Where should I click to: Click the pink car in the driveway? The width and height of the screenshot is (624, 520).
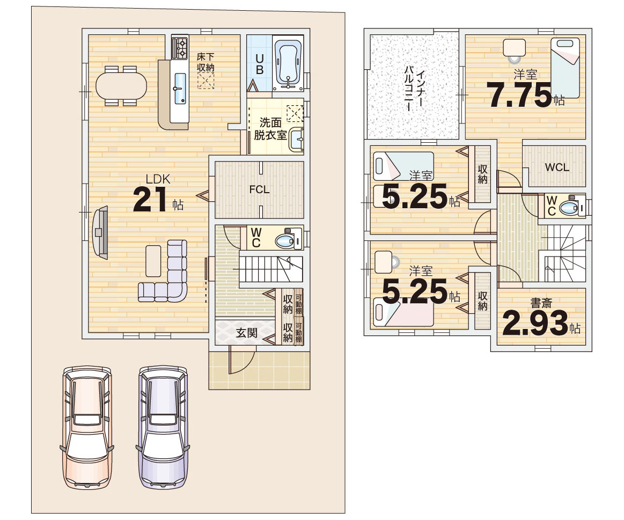point(87,427)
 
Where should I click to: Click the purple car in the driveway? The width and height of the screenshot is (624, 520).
point(163,427)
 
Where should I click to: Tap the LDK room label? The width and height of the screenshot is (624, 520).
point(158,179)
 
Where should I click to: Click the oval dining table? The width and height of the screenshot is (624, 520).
point(121,86)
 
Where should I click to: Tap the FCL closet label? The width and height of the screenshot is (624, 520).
point(260,189)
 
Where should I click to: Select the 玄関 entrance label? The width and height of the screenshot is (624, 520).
point(247,333)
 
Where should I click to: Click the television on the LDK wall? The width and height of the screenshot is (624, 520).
point(100,232)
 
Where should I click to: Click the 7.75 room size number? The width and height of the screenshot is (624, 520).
point(519,95)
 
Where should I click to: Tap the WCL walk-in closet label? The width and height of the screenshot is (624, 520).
point(557,167)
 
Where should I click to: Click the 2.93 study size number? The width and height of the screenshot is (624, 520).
point(535,323)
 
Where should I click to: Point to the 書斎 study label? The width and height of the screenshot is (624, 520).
point(541,303)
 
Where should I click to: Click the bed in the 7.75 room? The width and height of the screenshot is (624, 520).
point(565,68)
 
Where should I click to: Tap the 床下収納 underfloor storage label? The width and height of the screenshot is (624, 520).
point(205,62)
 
